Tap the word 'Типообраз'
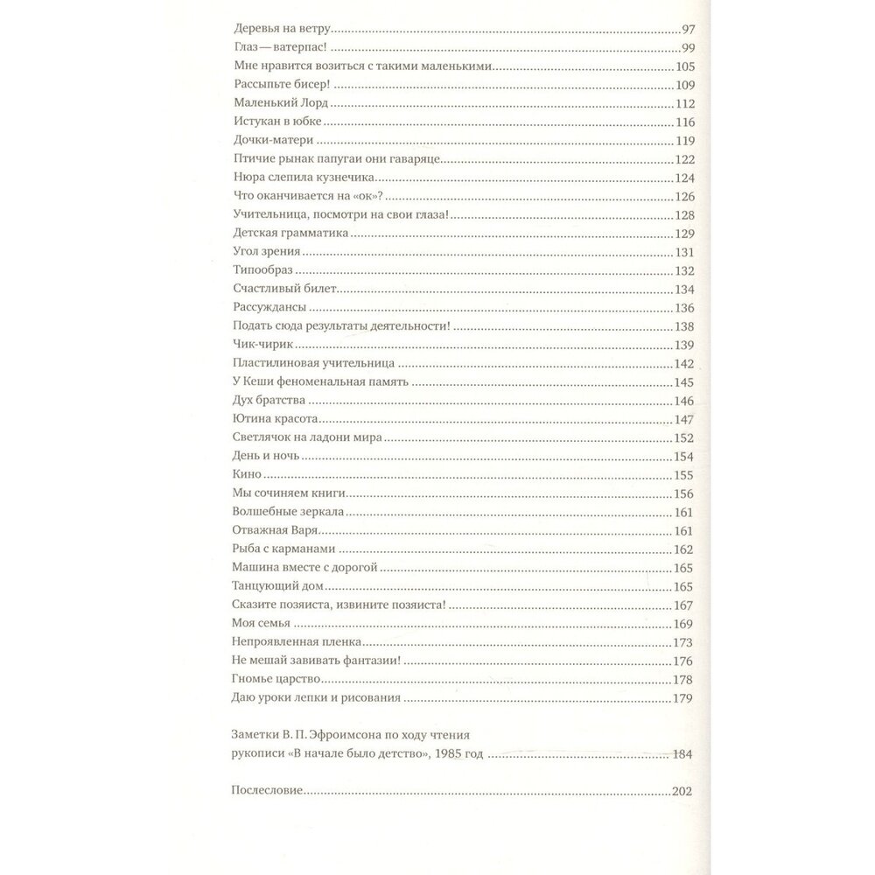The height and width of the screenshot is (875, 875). (x=262, y=271)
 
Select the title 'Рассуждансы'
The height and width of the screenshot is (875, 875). (x=269, y=308)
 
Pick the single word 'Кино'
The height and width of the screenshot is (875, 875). (x=248, y=475)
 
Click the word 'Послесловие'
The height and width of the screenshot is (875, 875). (x=266, y=791)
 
